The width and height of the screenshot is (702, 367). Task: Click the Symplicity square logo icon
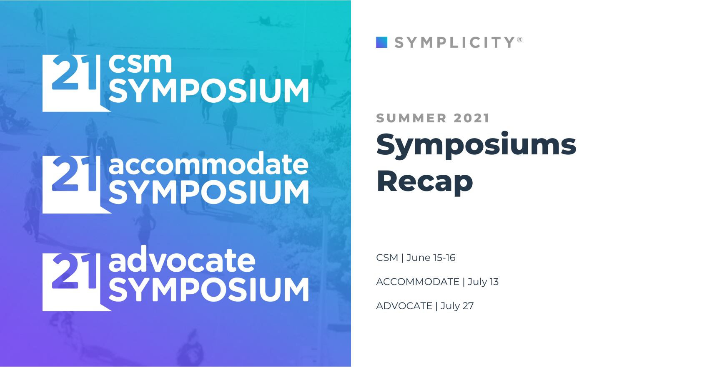click(381, 42)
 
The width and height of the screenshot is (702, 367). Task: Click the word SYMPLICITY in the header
click(454, 42)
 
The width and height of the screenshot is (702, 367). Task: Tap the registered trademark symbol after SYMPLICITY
click(520, 40)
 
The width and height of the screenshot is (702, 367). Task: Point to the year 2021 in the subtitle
click(471, 118)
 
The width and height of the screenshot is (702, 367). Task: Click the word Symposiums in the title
click(476, 145)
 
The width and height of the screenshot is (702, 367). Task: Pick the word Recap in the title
click(424, 182)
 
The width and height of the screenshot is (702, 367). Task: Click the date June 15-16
click(431, 258)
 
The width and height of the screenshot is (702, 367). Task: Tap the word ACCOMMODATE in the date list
click(417, 282)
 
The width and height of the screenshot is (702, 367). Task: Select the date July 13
click(483, 282)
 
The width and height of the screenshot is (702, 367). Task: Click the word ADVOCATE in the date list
click(404, 306)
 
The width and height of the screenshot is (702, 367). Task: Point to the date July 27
click(457, 306)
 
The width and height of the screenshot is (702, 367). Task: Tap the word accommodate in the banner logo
click(208, 164)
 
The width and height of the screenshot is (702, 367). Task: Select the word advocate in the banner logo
click(182, 260)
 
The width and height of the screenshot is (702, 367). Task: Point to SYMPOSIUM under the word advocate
click(208, 290)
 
